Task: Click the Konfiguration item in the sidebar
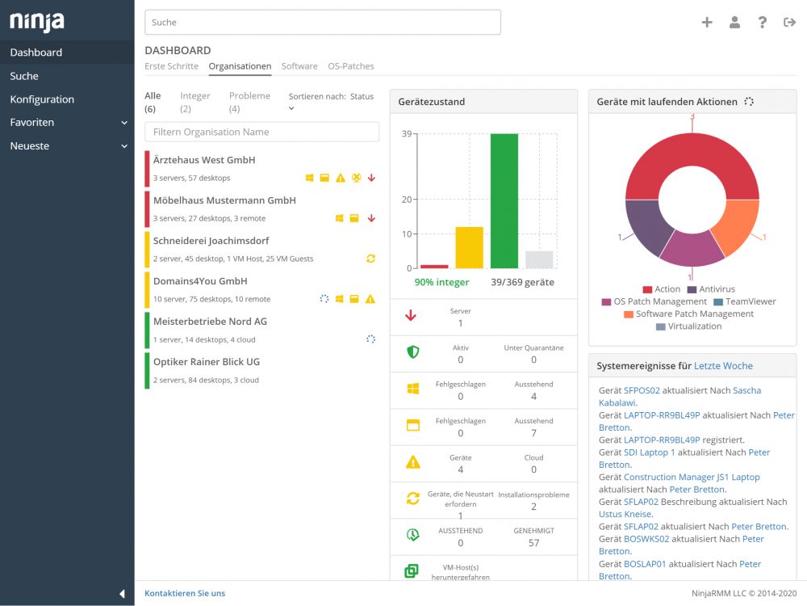(42, 99)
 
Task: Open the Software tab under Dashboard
(299, 66)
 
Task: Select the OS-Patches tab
(351, 66)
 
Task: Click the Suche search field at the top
(323, 22)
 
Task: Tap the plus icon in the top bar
(707, 22)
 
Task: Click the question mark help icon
(763, 22)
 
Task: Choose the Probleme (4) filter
(249, 102)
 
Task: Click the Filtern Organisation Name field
(262, 132)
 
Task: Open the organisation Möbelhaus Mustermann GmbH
(224, 200)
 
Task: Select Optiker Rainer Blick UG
(207, 362)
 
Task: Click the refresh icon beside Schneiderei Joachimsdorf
(370, 259)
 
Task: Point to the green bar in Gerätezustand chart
(504, 201)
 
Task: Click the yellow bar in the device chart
(470, 247)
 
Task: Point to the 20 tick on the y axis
(407, 200)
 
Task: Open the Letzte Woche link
(723, 366)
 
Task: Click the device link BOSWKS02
(646, 539)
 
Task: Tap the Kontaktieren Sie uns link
(185, 593)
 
